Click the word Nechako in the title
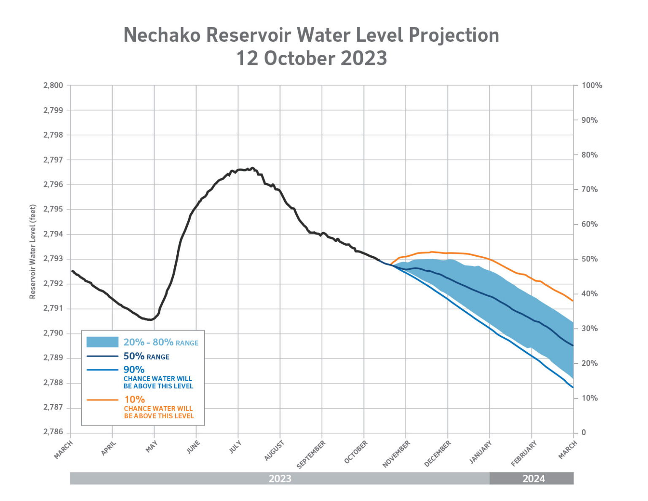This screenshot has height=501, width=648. point(162,35)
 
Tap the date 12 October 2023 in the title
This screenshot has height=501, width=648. point(311,58)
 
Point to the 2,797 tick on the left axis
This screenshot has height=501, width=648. point(53,160)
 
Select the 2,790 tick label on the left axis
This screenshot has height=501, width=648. point(53,333)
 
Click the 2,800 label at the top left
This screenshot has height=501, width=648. point(53,85)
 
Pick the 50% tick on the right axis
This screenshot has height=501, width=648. point(589,259)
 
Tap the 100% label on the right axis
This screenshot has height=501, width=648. point(591,86)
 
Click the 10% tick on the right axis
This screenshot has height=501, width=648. point(589,398)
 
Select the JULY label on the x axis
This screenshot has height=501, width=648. point(235,447)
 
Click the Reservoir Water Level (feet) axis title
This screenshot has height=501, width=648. point(33,252)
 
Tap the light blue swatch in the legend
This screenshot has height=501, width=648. point(102,342)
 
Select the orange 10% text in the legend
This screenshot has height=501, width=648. point(135,399)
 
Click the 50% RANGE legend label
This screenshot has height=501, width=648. point(146,357)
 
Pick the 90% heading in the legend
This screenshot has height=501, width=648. point(134,370)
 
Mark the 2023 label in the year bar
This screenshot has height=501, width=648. point(280,479)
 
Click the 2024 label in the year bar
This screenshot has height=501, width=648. point(534,479)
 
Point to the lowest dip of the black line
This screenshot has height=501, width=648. point(150,320)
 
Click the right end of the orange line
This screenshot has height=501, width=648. point(572,301)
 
